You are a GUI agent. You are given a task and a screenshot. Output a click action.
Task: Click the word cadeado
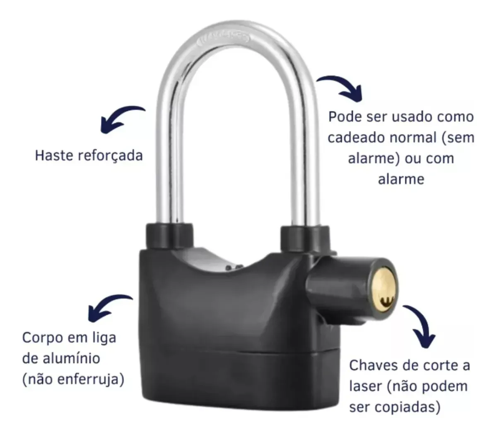(x=359, y=137)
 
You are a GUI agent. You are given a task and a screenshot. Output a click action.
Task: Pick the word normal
(x=415, y=137)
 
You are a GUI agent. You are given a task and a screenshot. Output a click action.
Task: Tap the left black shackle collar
(x=169, y=236)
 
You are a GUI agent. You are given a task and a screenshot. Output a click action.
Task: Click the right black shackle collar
(x=304, y=238)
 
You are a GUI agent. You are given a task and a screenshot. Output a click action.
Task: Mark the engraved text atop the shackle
(x=224, y=39)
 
